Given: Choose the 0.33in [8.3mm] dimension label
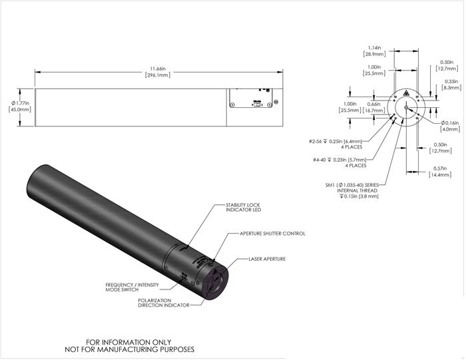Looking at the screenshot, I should tap(448, 84).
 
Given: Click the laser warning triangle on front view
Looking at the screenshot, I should tap(405, 96).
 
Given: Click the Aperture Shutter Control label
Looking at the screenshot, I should tap(274, 234).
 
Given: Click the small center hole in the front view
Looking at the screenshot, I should tap(405, 106).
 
